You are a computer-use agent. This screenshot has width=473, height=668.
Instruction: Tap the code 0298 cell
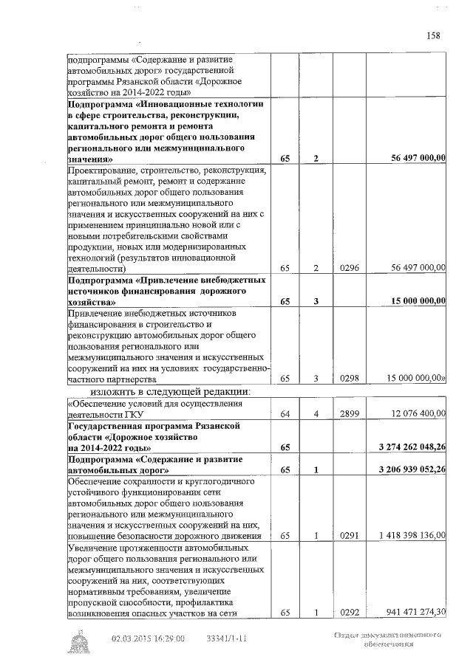point(349,379)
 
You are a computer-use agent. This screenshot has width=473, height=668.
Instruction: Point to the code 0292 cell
point(349,612)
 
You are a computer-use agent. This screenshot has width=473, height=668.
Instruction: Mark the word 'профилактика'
point(220,602)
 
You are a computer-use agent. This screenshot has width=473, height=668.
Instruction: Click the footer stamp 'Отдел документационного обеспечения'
point(387,639)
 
